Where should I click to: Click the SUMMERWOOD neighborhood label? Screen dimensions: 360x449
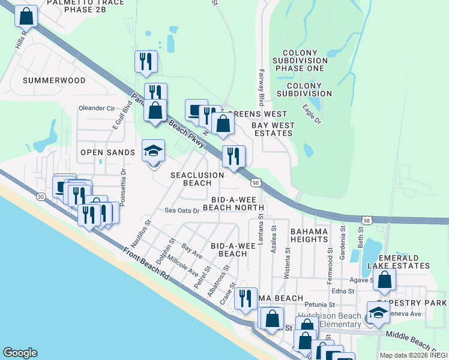[x=54, y=80]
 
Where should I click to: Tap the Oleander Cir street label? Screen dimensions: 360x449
[x=97, y=109]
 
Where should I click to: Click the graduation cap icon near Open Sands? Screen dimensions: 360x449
[x=153, y=152]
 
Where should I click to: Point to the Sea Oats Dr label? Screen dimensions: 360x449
[x=182, y=211]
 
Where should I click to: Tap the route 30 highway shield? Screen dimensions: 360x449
[x=40, y=196]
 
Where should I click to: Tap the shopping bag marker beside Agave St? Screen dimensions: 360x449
[x=384, y=280]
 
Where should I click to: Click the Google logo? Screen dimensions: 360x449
[x=20, y=353]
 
